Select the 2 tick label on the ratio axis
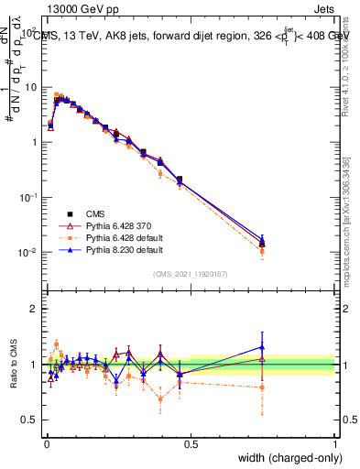tap(34, 309)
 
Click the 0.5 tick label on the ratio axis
tap(30, 419)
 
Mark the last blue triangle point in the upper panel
tap(262, 239)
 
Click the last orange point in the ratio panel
tap(262, 387)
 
